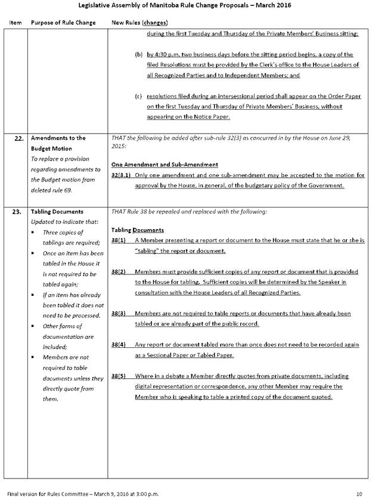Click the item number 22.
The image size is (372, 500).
[17, 138]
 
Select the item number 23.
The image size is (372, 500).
[17, 211]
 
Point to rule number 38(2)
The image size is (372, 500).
[120, 271]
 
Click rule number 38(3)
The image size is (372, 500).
[120, 313]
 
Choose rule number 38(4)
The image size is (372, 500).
[120, 345]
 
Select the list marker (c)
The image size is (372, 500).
[138, 95]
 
